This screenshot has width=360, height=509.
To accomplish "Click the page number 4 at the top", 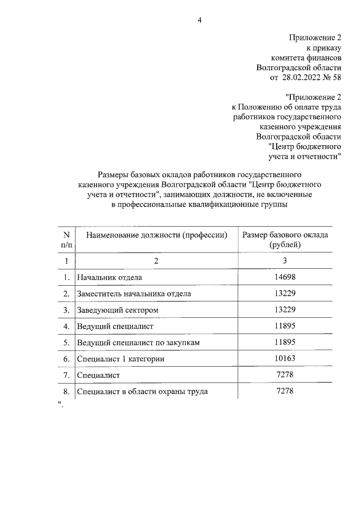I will (x=199, y=21).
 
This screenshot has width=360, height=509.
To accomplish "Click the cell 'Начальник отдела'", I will (x=110, y=277).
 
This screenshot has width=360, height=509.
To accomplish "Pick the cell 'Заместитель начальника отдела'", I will (x=134, y=294).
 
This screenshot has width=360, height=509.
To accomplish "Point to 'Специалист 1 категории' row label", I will (x=121, y=358).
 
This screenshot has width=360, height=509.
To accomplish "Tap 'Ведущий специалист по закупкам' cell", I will (x=139, y=342).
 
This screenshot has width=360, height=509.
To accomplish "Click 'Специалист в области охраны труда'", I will (x=143, y=391).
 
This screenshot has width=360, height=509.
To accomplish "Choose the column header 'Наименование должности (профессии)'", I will (x=156, y=235).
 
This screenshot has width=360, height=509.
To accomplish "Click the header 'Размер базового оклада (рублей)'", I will (x=285, y=240).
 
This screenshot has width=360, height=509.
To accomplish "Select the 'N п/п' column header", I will (x=66, y=240).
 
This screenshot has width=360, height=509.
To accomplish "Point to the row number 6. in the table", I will (x=66, y=358).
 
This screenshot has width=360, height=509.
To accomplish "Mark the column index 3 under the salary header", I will (x=285, y=260).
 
